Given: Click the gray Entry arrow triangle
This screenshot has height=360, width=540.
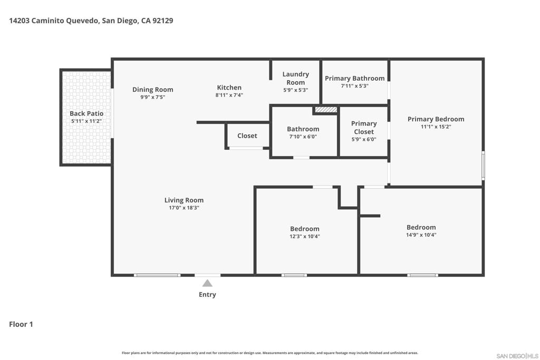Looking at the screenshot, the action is [207, 283].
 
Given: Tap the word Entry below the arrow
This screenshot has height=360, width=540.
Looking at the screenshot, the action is [207, 295].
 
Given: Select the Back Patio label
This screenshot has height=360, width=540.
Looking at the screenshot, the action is [86, 113].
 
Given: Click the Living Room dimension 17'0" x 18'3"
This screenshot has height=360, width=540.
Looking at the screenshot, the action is [184, 208].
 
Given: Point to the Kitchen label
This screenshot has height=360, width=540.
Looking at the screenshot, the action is [229, 88].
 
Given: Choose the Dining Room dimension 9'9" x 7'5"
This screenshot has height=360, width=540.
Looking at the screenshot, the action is [152, 97].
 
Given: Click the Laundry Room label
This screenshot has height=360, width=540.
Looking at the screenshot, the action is [295, 78].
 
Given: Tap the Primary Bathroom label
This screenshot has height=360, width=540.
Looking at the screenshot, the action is [355, 79].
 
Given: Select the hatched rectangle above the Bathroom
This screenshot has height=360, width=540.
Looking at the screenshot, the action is [326, 110].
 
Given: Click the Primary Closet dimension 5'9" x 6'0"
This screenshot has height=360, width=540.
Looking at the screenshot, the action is [364, 139].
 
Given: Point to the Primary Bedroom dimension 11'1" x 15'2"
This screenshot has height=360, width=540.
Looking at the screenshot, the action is [436, 127].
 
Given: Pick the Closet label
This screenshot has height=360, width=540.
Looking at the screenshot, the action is [247, 136].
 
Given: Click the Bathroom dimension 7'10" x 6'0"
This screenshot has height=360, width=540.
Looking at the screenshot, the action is [303, 137].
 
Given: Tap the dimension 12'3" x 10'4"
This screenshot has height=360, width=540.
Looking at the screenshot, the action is [305, 237].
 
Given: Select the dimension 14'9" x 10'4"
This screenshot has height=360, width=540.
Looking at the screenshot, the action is [421, 235].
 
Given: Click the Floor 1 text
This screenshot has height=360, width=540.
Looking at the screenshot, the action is [21, 324].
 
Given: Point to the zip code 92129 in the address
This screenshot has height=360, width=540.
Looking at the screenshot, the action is [163, 21].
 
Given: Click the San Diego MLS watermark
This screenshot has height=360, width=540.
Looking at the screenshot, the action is [517, 356].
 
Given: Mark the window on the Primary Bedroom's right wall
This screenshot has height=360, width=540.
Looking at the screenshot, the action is [483, 166].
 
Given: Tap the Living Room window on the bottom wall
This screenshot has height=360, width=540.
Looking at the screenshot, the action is [157, 275].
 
